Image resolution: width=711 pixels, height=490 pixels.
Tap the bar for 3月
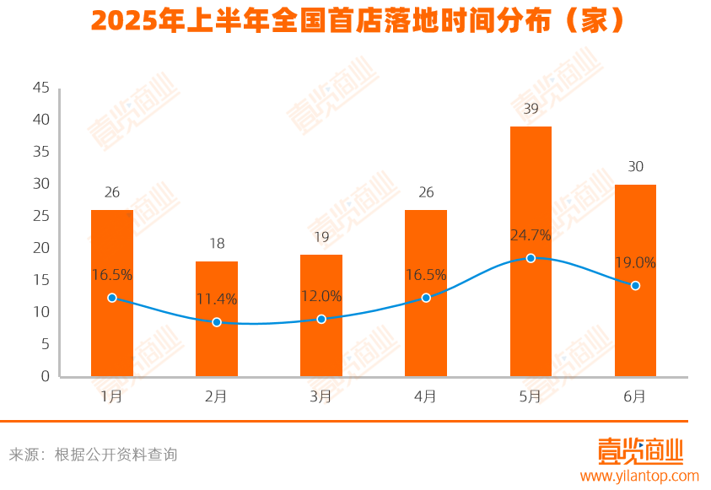coord(321,315)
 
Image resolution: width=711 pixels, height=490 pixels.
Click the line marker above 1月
coord(112,298)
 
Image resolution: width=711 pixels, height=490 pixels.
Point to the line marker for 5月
coord(531,258)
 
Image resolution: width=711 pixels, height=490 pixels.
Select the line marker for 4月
coord(426,298)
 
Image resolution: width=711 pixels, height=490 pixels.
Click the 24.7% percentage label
coord(531,234)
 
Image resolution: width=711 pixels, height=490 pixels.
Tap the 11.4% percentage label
coord(217,299)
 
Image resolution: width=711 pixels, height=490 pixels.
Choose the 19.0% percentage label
coord(635,262)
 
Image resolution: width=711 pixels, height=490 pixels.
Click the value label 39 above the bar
coord(531,109)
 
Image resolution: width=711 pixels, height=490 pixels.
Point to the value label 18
coord(217,244)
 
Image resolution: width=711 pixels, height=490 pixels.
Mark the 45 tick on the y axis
coord(41,88)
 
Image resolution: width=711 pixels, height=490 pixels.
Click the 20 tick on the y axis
coord(41,248)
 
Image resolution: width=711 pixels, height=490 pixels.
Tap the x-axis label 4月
coord(426,396)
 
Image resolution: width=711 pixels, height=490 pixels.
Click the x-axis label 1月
coord(112,396)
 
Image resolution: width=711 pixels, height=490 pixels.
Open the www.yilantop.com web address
coord(640,476)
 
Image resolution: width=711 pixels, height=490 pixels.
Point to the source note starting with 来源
coord(93,455)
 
